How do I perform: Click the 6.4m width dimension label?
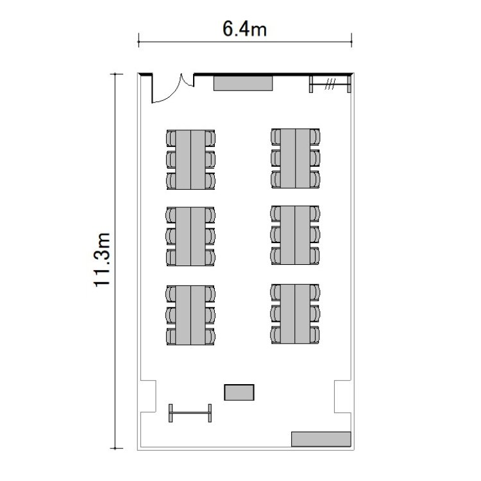click(244, 30)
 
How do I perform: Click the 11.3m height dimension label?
click(102, 260)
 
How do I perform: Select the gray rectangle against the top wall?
click(243, 83)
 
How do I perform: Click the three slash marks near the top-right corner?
click(330, 84)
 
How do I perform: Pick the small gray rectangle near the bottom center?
click(239, 392)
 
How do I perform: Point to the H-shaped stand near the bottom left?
click(190, 413)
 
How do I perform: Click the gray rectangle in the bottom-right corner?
click(321, 439)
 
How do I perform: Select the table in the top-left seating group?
click(190, 160)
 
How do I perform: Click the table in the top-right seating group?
click(295, 158)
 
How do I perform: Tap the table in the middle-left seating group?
click(190, 236)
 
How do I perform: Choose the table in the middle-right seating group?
click(295, 235)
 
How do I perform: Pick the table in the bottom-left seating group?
click(190, 315)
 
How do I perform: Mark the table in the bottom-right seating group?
click(295, 314)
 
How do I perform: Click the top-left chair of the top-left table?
click(171, 139)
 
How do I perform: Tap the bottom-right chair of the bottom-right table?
click(315, 335)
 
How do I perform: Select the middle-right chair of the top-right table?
click(315, 158)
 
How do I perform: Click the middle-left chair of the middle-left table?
click(171, 236)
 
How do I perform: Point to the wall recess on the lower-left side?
click(148, 396)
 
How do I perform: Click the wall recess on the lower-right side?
click(342, 396)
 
